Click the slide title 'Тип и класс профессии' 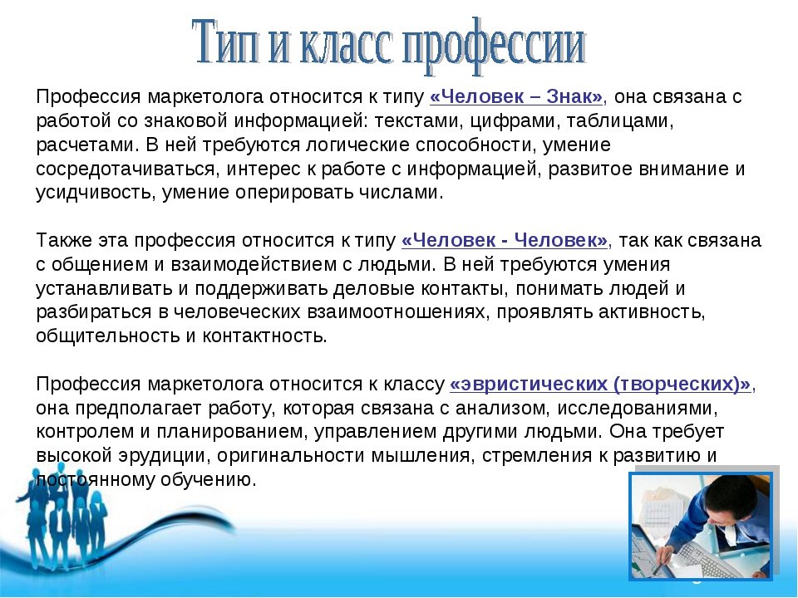[x=389, y=46]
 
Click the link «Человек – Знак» [x=516, y=96]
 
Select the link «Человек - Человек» [x=505, y=240]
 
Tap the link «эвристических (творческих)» [x=600, y=384]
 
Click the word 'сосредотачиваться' [x=126, y=169]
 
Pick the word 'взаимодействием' [x=253, y=264]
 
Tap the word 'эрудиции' [x=164, y=456]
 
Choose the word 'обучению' [x=208, y=479]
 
